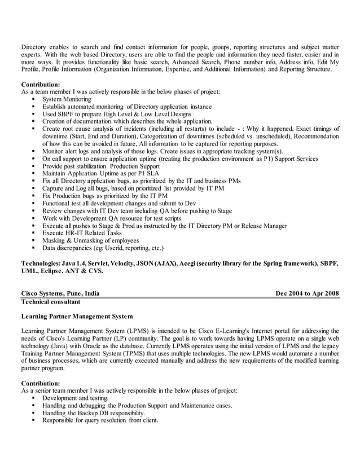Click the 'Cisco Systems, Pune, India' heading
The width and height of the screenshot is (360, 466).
60,294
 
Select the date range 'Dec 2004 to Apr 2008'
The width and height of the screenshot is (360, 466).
307,294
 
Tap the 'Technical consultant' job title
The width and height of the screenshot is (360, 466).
51,302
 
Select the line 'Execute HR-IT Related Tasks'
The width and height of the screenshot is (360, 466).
82,233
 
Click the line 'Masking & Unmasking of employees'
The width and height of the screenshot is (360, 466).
90,240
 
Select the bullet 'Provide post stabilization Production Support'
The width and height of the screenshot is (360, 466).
101,166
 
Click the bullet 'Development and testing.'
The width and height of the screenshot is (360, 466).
76,398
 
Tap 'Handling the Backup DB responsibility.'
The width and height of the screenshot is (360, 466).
89,413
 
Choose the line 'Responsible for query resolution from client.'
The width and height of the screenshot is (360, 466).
100,420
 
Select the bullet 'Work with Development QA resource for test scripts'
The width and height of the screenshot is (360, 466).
112,218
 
